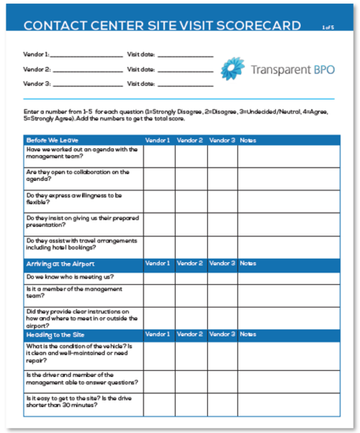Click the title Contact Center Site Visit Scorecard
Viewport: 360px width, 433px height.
click(x=162, y=27)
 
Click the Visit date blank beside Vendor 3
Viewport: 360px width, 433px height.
click(x=184, y=84)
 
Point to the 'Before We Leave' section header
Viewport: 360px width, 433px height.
click(x=52, y=140)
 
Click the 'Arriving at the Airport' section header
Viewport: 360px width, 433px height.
click(x=60, y=263)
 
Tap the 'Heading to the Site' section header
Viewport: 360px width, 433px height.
click(x=57, y=334)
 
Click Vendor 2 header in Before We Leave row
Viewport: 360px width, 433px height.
click(x=190, y=140)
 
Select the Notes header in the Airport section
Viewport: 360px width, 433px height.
click(x=248, y=263)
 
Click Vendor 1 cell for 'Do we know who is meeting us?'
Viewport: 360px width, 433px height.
click(x=158, y=277)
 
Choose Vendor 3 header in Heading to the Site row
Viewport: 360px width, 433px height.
click(x=222, y=334)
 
